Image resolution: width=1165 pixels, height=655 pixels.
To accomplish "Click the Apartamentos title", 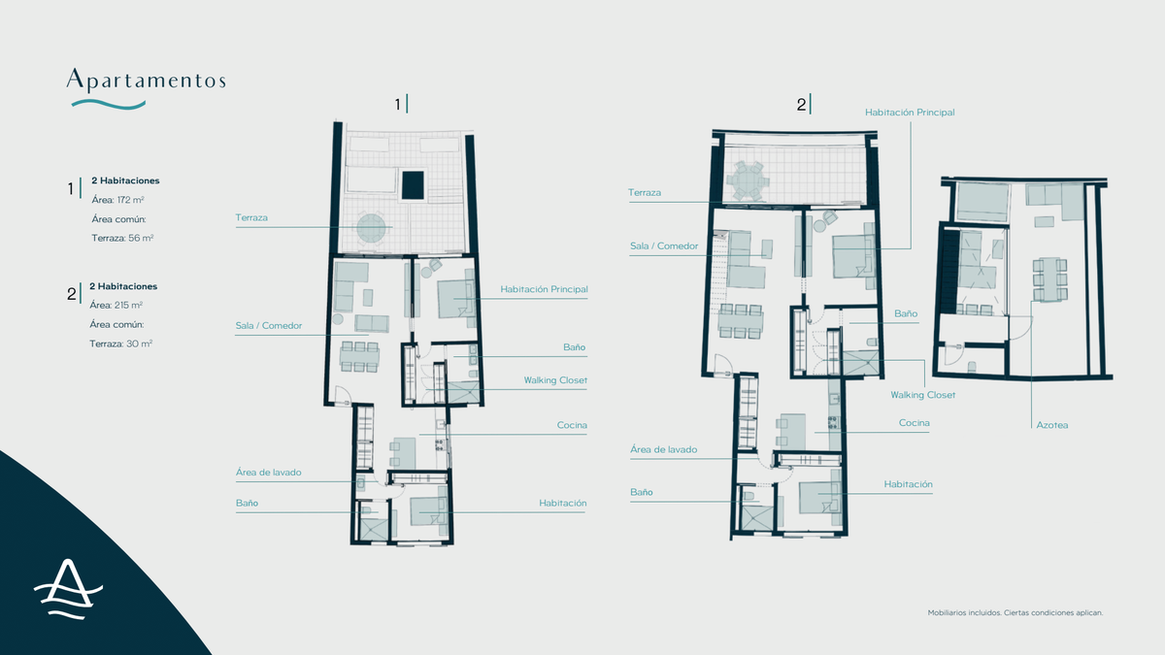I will coord(146,79).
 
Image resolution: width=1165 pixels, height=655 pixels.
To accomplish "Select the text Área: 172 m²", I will coord(117,200).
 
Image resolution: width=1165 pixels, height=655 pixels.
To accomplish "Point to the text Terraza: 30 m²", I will coord(121,344).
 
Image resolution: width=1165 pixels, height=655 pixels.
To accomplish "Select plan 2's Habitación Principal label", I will coord(910,113).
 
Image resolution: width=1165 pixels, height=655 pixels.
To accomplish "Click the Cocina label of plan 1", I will coord(572,425).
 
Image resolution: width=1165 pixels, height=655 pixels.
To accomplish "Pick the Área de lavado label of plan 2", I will coord(663,449).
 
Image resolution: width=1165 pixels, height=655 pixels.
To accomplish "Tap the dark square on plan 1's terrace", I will coord(413,184).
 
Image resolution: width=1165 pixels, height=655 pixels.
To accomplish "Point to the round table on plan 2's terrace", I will coord(748,180).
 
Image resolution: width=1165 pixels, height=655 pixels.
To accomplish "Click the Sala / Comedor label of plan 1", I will coord(268,326).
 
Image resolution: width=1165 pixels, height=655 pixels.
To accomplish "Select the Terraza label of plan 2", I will coord(645,193).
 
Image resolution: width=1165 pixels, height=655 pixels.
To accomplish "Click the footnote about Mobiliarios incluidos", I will coord(1015,612).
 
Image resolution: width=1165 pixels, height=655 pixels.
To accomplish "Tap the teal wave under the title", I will coord(105,103).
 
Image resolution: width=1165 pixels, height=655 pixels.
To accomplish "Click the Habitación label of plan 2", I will coord(908,483).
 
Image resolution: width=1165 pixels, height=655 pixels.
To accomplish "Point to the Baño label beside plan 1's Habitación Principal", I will coord(574,346).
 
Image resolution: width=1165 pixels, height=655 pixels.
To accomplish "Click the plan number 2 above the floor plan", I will coord(802,104).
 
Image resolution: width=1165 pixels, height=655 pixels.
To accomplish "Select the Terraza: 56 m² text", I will coord(121,238).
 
